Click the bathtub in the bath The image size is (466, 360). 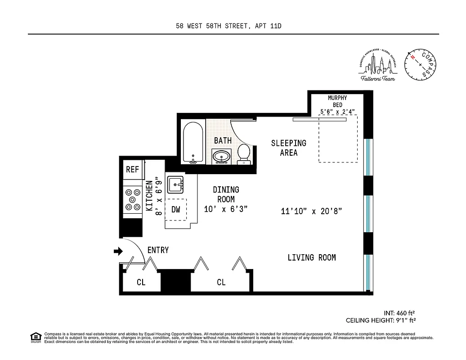tap(193, 143)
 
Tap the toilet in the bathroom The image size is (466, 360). tap(244, 153)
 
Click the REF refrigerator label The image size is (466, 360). tap(132, 170)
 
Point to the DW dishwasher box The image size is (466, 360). tap(176, 209)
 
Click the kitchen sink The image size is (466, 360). tap(175, 184)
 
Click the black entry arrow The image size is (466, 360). tap(118, 251)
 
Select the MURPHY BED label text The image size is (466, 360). tap(337, 101)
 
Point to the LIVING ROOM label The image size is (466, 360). tap(311, 257)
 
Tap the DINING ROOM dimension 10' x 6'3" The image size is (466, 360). tap(226, 209)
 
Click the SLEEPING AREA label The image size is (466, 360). tap(288, 148)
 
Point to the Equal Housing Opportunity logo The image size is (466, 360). tap(35, 337)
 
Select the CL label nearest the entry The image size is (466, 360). tap(141, 283)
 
